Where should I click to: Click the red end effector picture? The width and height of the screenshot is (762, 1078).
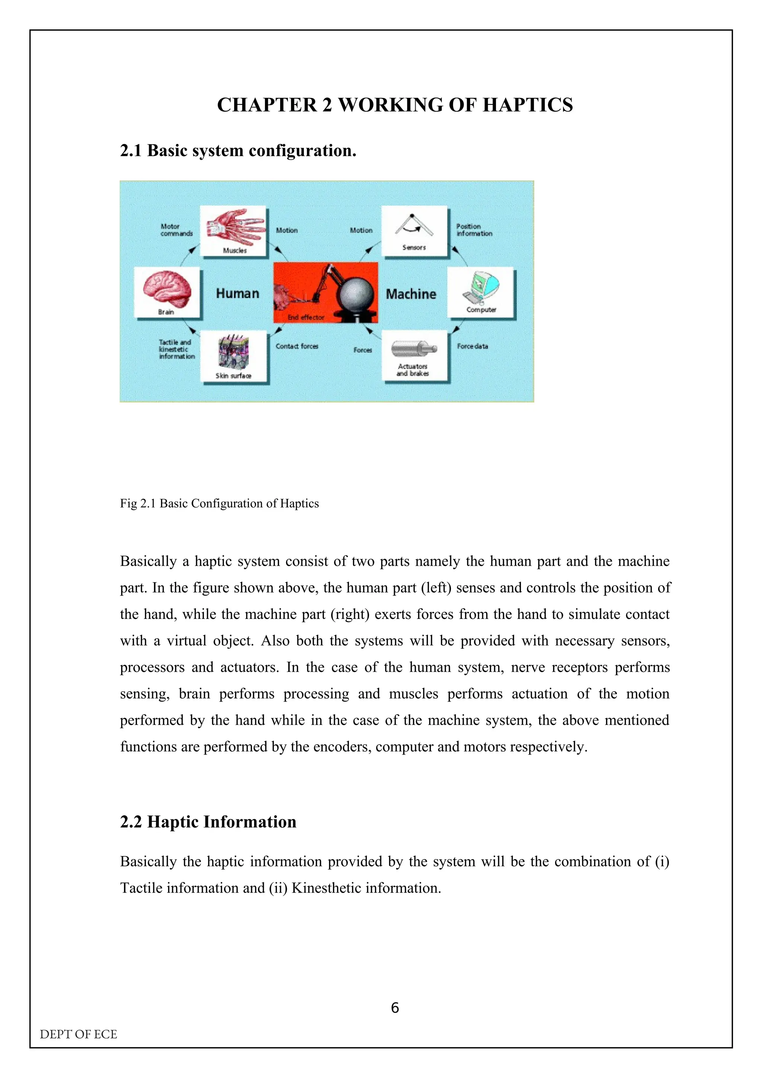325,292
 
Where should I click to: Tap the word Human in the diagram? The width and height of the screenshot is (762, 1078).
238,294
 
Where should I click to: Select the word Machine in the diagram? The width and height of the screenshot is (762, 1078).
411,294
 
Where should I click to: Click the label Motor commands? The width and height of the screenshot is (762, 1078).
176,230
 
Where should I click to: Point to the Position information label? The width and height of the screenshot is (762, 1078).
474,230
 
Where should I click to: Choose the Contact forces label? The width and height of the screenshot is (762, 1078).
297,346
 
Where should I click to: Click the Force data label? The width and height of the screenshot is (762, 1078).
472,346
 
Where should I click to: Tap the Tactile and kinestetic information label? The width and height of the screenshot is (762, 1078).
176,349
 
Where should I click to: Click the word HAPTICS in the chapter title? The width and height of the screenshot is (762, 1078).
528,105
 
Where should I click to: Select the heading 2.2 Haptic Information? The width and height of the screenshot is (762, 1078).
208,822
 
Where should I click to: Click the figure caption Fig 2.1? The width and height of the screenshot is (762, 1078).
219,503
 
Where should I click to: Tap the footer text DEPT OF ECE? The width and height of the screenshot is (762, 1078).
79,1034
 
